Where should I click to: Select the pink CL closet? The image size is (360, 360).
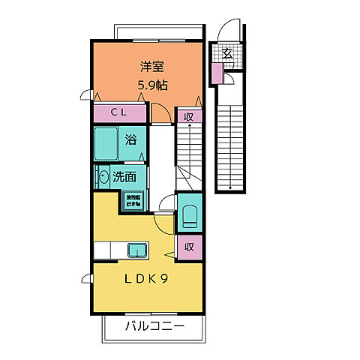(119, 113)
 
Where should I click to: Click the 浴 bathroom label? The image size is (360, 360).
(130, 139)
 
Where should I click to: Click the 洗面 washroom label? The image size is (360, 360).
(124, 178)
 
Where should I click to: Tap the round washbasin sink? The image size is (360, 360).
(103, 177)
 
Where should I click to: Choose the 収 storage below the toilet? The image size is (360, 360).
(190, 247)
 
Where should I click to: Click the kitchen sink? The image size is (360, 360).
(137, 250)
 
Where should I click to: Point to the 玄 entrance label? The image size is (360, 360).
(226, 53)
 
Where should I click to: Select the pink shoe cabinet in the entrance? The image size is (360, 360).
(217, 73)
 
